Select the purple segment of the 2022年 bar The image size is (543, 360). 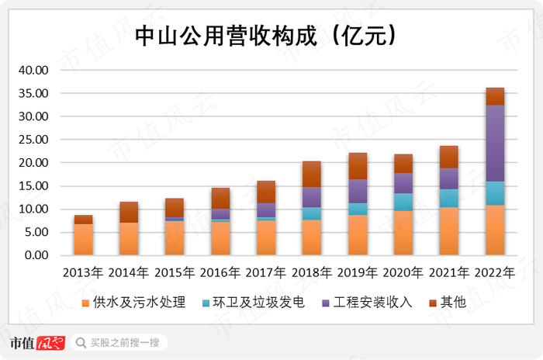click(495, 144)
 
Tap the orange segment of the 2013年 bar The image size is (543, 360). click(83, 240)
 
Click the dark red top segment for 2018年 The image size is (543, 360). click(312, 175)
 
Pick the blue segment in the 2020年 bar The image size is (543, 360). click(403, 202)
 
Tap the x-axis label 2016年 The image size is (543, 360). click(220, 273)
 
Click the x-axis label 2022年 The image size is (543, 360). click(495, 273)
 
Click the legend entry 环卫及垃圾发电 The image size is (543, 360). click(250, 303)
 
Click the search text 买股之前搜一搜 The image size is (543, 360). click(124, 342)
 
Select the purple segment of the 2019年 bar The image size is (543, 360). click(358, 191)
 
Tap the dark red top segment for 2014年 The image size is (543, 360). click(129, 213)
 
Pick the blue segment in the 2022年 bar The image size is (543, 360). click(495, 193)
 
